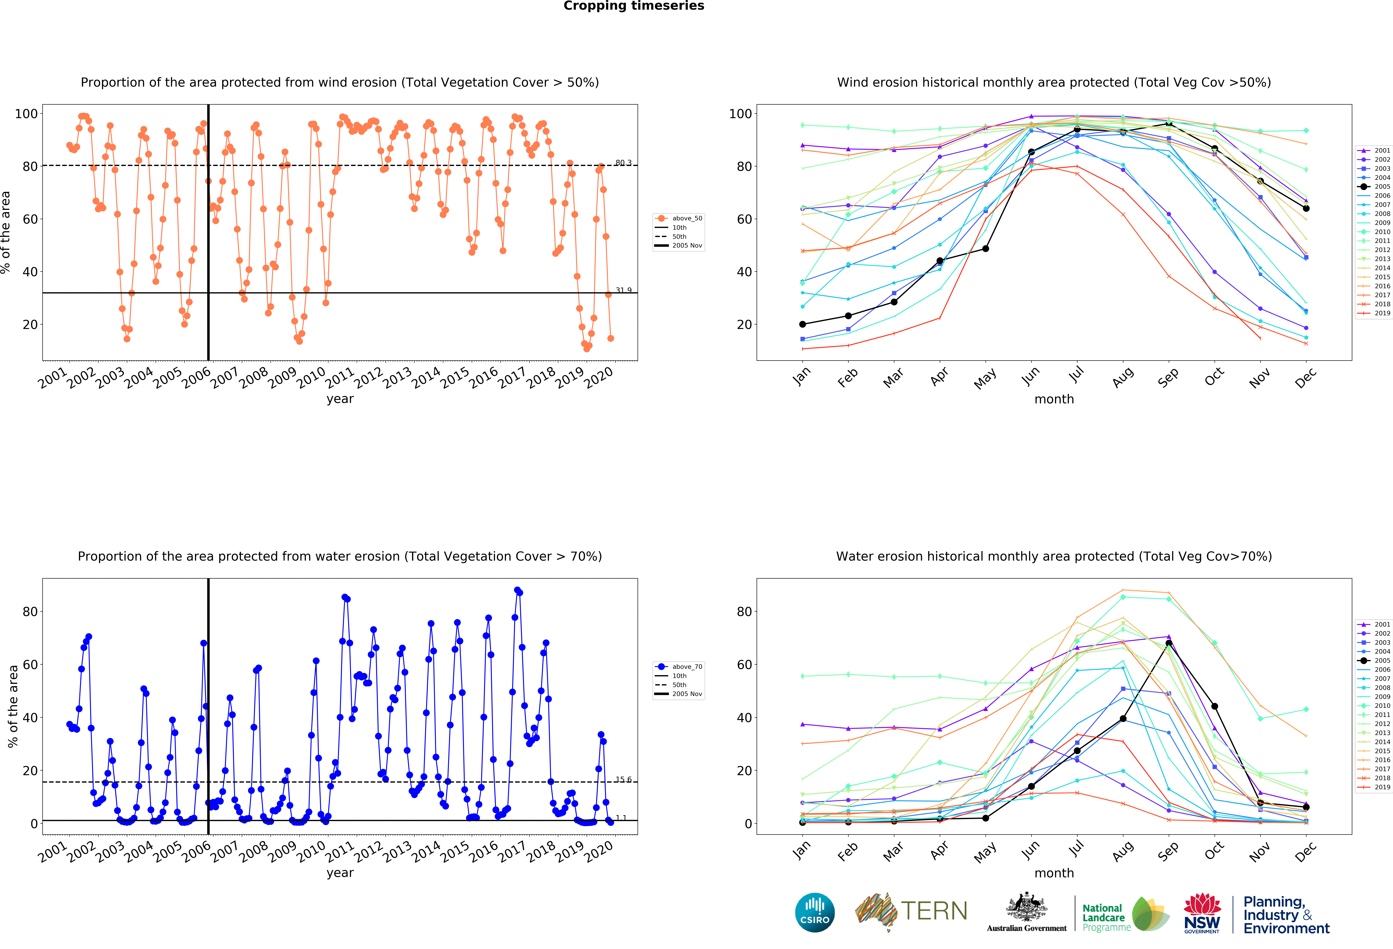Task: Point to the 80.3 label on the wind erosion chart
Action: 623,163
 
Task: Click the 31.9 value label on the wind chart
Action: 623,290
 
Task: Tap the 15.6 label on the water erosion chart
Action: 623,779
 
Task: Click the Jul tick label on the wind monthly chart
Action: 1077,374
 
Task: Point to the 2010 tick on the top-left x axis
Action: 312,377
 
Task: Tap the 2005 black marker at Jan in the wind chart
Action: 803,324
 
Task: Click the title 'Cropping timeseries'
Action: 634,6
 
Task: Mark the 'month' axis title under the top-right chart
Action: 1054,399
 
